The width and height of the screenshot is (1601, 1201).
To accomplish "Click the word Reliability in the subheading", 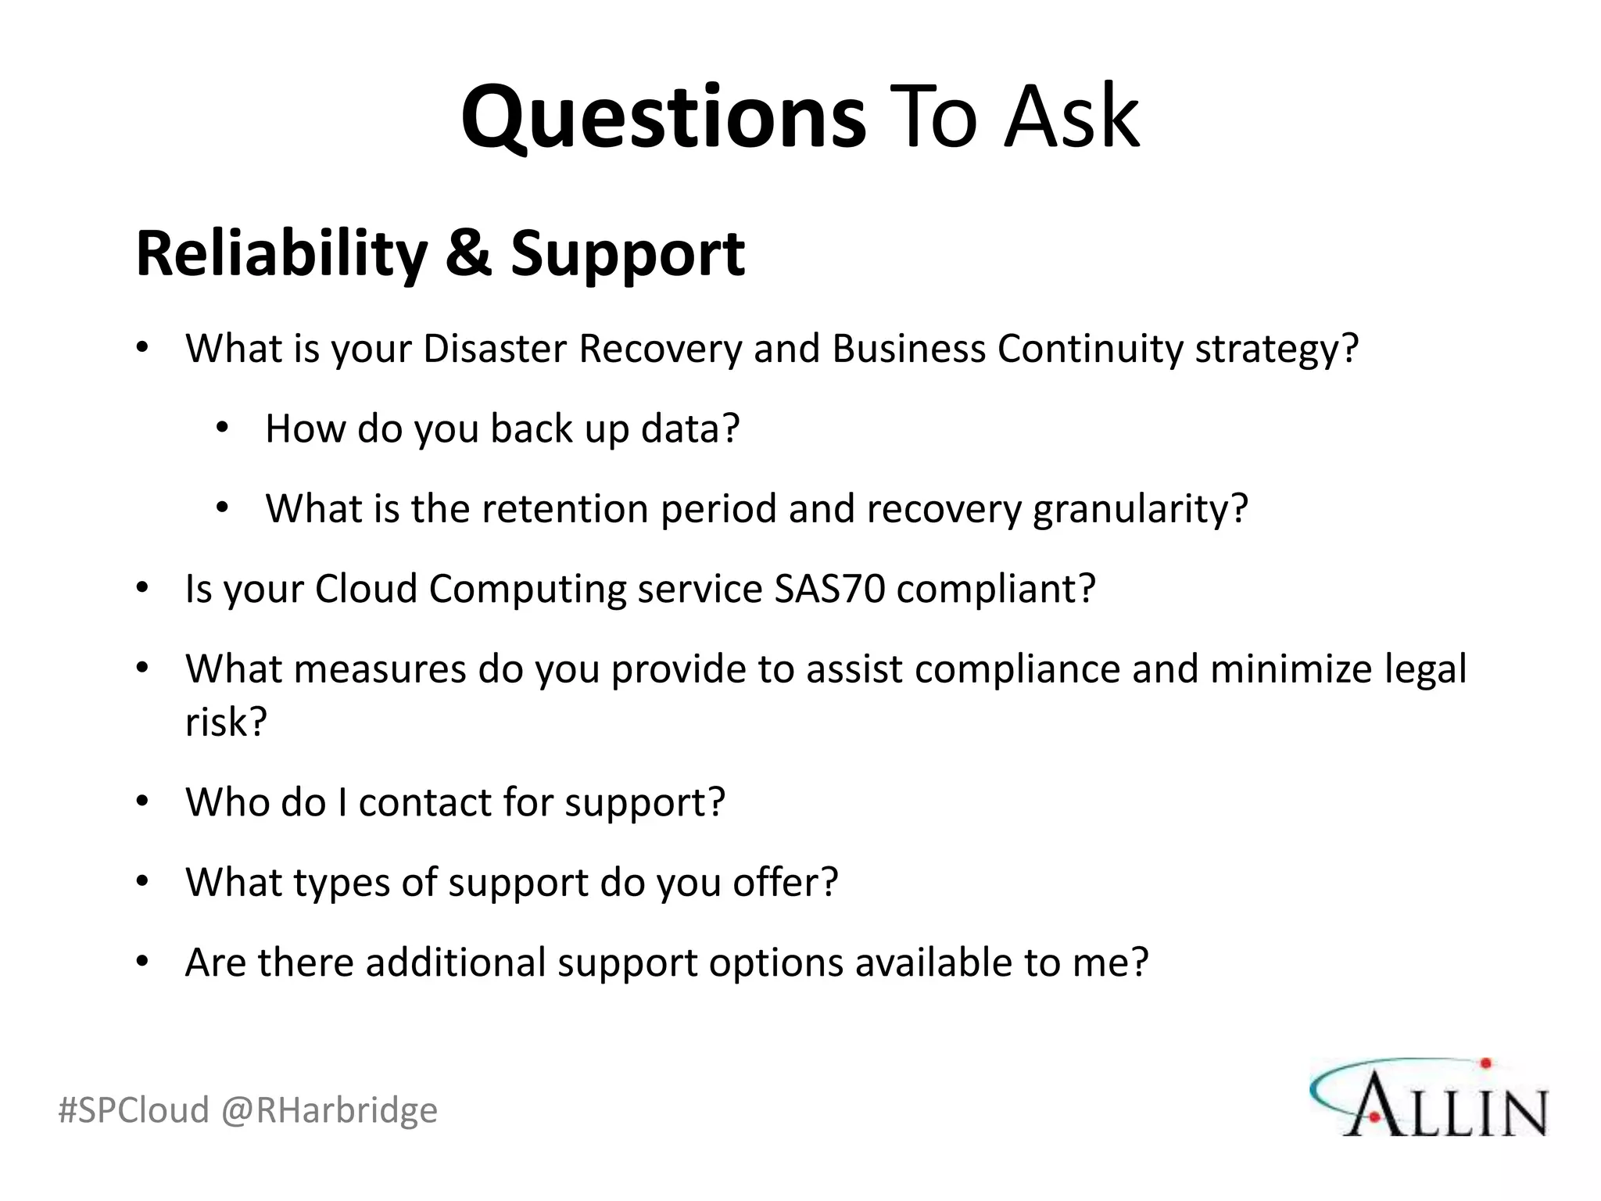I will (x=281, y=254).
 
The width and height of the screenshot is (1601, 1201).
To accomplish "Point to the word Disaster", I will (x=495, y=349).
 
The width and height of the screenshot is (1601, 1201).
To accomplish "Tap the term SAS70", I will (x=829, y=589).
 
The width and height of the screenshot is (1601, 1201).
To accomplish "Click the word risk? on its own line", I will (x=226, y=721).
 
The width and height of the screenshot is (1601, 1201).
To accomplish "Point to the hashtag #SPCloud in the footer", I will (x=134, y=1110).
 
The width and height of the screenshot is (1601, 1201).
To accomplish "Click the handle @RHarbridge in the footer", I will (x=329, y=1110).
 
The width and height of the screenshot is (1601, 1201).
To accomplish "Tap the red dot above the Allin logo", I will (x=1486, y=1063).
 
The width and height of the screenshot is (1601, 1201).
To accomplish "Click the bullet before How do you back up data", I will (x=223, y=428).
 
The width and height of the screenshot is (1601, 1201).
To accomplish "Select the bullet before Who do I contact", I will (x=141, y=801).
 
